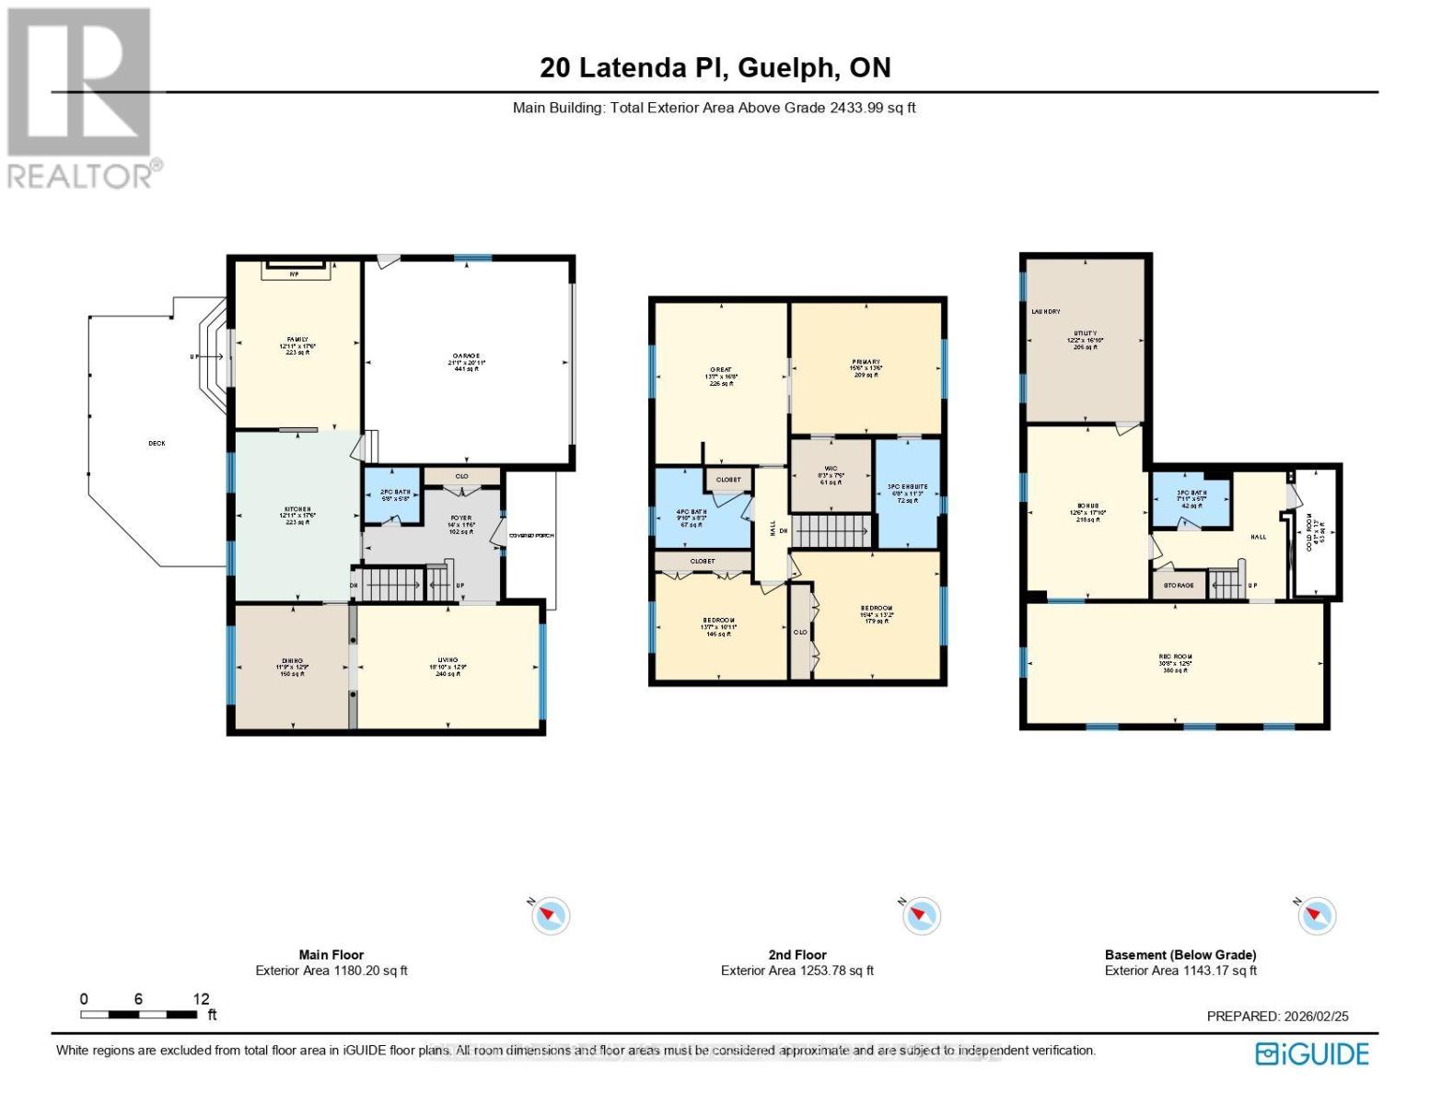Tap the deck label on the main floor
(157, 444)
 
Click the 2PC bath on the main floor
(393, 494)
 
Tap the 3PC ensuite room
(907, 492)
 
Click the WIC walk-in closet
(831, 474)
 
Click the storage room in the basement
(1179, 585)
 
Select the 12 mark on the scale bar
(202, 999)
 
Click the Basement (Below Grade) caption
(1180, 955)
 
